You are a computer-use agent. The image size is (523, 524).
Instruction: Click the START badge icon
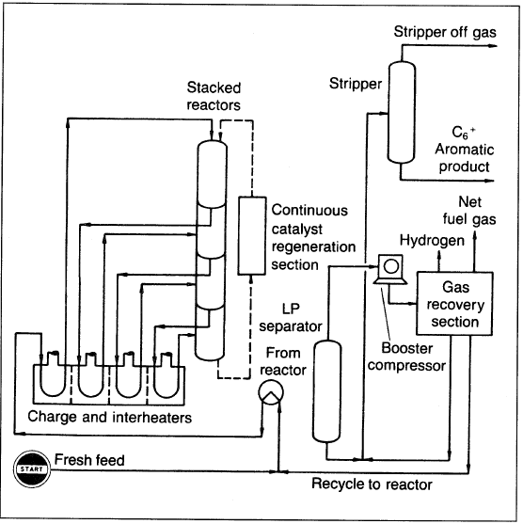click(32, 468)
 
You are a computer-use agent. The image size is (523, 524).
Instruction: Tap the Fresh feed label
click(89, 460)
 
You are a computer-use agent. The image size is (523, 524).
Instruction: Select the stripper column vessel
click(402, 112)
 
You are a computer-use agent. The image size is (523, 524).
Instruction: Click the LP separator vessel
click(326, 391)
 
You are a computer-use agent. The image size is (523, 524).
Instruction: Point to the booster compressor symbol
click(390, 269)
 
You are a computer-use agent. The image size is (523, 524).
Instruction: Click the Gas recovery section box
click(454, 304)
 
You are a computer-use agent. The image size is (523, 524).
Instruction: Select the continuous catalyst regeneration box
click(252, 235)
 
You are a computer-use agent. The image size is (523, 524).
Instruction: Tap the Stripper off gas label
click(445, 32)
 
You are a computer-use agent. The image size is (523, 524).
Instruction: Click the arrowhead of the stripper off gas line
click(493, 46)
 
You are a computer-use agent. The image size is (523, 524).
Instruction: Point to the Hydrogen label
click(432, 241)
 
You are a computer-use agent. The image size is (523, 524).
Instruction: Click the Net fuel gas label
click(469, 211)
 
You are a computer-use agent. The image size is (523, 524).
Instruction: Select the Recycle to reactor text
click(372, 484)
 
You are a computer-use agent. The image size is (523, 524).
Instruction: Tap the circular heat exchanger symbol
click(271, 392)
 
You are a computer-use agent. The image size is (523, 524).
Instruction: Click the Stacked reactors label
click(214, 96)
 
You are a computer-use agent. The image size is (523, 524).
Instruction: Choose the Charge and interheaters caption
click(110, 417)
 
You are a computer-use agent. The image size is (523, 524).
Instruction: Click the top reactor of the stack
click(212, 174)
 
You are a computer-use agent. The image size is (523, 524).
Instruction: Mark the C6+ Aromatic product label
click(464, 150)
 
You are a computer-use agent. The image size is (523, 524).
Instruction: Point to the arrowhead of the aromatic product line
click(489, 181)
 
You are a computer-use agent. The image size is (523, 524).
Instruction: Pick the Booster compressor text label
click(406, 357)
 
